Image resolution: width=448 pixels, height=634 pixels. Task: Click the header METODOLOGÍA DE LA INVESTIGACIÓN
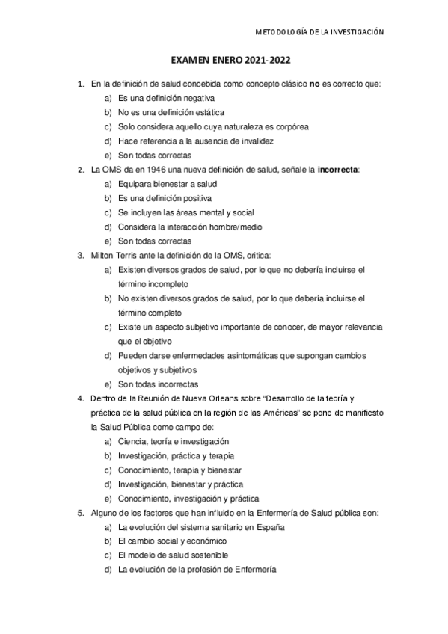pos(319,32)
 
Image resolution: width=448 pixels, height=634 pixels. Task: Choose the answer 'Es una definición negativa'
pos(166,98)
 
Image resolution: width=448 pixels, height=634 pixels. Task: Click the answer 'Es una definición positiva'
pos(165,198)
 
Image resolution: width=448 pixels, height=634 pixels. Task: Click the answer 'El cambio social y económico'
pos(172,541)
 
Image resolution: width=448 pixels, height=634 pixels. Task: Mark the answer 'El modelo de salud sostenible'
pos(173,555)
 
